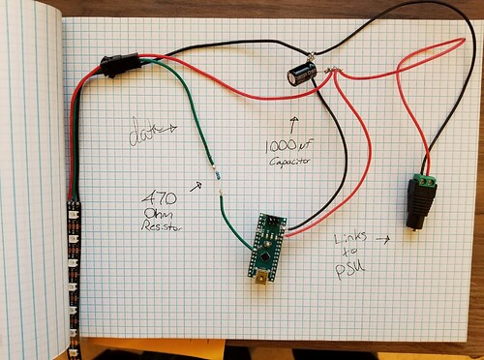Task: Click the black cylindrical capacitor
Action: (302, 75)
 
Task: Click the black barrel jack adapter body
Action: (420, 207)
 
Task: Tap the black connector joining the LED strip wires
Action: (117, 66)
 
